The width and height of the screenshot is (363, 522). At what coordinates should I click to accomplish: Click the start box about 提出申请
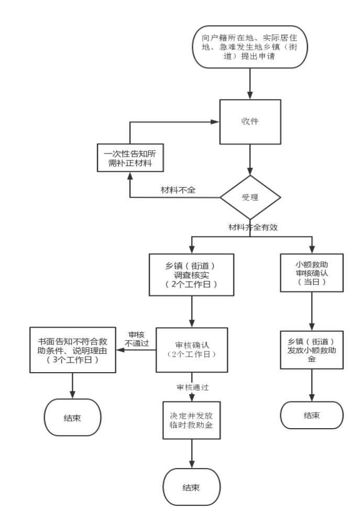[250, 46]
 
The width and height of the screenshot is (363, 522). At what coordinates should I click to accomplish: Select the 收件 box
[250, 120]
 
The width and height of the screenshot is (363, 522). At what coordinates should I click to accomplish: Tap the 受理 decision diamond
[250, 198]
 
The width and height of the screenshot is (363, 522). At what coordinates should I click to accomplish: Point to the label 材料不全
[178, 190]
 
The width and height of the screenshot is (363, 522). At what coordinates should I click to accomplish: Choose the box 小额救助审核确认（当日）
[312, 273]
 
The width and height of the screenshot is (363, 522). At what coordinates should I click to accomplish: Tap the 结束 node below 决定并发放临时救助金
[191, 488]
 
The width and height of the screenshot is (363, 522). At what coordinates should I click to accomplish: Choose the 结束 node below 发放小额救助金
[312, 416]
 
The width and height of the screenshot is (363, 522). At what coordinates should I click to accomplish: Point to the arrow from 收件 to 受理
[250, 160]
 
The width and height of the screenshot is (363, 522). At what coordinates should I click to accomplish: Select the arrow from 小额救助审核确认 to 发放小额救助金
[312, 310]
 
